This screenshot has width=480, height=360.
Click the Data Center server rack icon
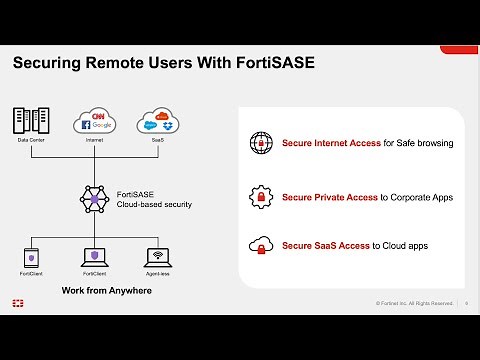click(x=31, y=122)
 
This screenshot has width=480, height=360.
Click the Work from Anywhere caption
click(x=95, y=290)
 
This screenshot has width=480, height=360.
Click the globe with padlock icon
click(x=261, y=143)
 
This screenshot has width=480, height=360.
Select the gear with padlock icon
click(x=261, y=196)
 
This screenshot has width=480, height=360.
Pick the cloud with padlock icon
click(x=261, y=244)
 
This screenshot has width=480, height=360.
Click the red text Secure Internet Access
click(x=331, y=143)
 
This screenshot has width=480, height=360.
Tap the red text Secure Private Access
click(x=329, y=197)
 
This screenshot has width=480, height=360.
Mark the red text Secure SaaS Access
click(x=324, y=244)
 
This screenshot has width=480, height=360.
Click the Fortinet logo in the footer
click(x=18, y=302)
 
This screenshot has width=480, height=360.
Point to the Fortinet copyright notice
click(x=414, y=303)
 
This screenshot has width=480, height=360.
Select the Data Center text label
click(x=31, y=141)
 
